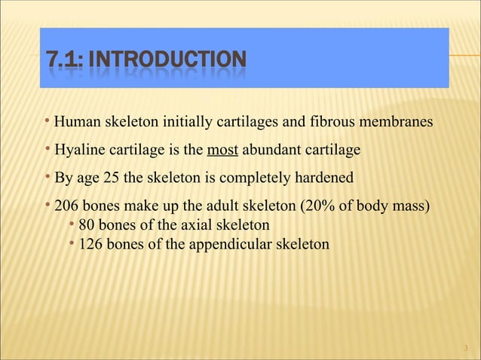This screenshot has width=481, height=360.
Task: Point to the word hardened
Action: pos(323,178)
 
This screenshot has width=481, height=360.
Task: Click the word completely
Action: pos(253,178)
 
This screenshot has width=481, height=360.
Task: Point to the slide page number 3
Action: pos(467,348)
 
